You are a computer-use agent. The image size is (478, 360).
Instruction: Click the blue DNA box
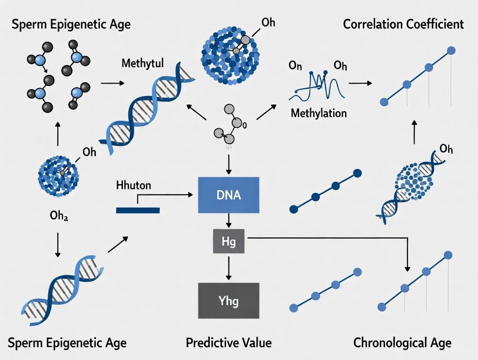(228, 195)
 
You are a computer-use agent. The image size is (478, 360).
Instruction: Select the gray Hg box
(228, 241)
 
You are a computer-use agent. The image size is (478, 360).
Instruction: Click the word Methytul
(142, 64)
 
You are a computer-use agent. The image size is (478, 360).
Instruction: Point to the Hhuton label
(134, 185)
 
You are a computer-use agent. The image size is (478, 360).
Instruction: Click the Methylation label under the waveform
(319, 113)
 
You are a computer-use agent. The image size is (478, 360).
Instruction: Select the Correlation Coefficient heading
(403, 24)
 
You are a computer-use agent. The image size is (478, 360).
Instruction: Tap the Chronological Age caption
(402, 343)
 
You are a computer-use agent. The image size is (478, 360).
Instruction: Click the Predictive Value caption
(229, 343)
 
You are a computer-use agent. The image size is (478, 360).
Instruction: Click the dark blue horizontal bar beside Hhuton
(138, 210)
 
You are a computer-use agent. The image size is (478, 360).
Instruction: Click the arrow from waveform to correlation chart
(360, 82)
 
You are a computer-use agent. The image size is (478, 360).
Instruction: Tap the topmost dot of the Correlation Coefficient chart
(451, 51)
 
